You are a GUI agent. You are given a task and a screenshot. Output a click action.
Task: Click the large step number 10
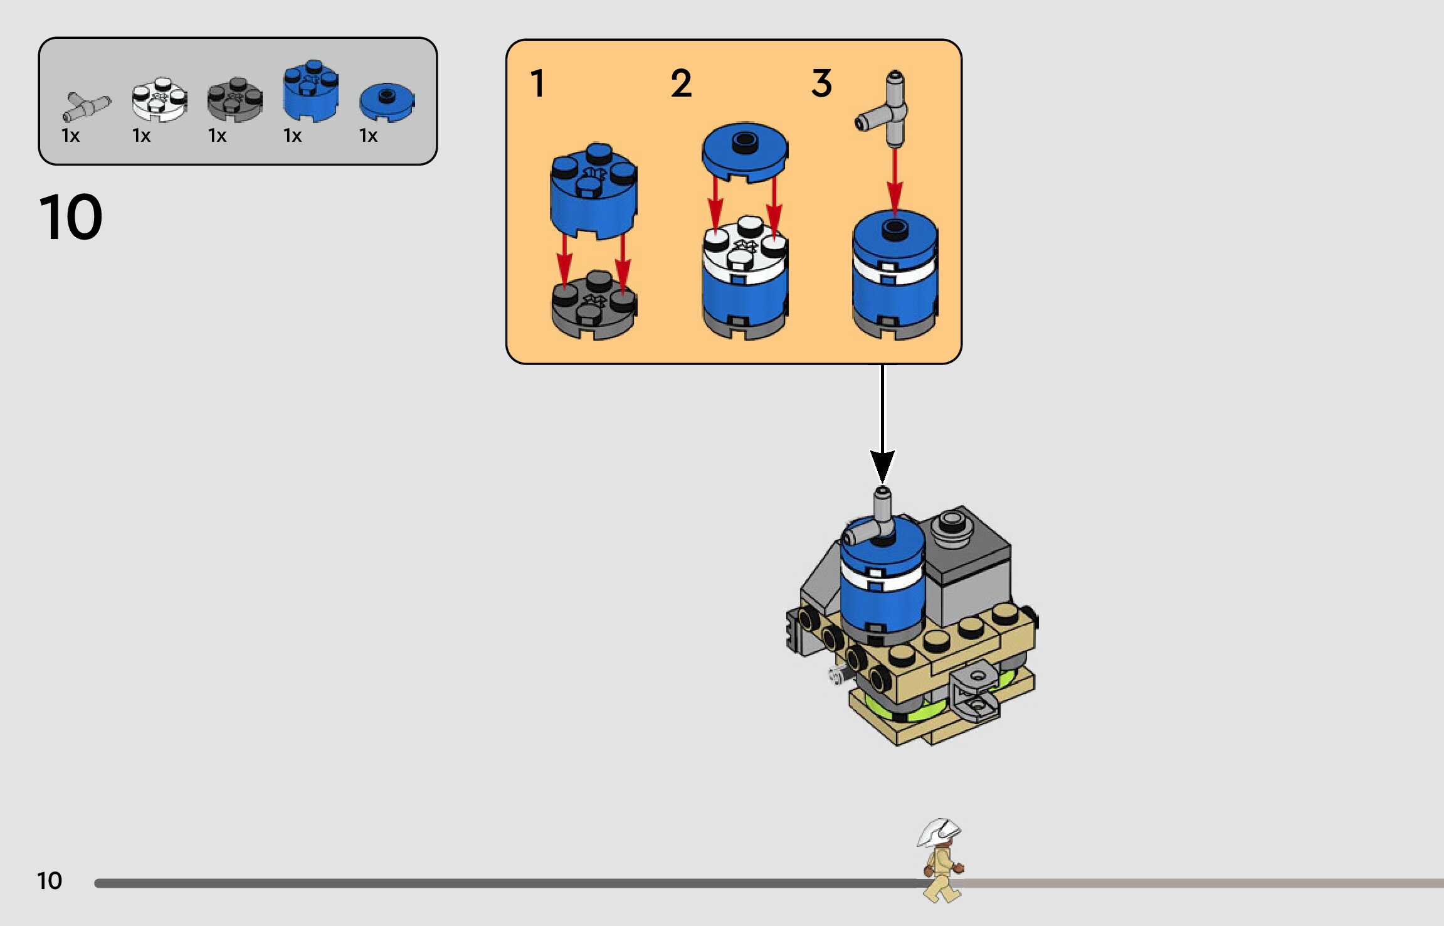(x=70, y=217)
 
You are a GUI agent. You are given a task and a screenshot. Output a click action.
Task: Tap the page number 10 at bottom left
(x=50, y=881)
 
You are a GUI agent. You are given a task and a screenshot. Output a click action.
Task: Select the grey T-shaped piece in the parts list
(x=87, y=107)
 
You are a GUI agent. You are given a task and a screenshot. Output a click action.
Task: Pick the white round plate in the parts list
(x=159, y=99)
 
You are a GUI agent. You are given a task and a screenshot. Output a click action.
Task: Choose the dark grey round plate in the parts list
(x=235, y=100)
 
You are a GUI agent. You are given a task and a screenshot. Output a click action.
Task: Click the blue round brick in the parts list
(x=310, y=91)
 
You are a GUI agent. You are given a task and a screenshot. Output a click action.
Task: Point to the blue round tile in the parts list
(x=387, y=102)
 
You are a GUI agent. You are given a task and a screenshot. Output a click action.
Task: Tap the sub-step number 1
(x=537, y=83)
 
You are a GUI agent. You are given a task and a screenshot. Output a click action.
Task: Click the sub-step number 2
(x=682, y=83)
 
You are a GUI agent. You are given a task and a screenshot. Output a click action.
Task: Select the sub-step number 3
(x=821, y=83)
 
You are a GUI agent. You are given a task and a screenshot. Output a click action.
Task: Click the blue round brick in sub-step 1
(x=593, y=191)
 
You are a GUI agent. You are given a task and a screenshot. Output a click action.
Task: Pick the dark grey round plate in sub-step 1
(x=593, y=306)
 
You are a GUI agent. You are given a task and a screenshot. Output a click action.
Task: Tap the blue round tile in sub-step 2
(x=744, y=151)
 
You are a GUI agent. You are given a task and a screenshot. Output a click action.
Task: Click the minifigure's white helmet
(x=939, y=832)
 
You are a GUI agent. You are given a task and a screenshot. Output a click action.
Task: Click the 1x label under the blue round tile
(x=368, y=136)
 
